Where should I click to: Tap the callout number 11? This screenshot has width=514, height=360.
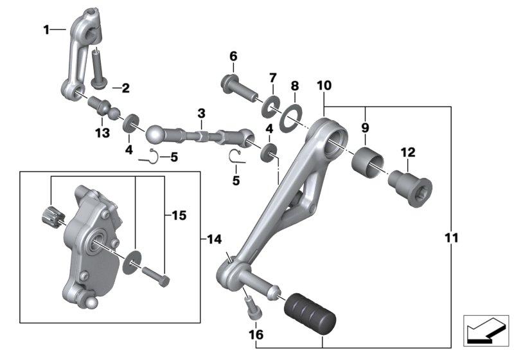tap(451, 238)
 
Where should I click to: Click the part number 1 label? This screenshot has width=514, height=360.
tap(46, 29)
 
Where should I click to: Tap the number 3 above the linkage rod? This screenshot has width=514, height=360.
tap(201, 113)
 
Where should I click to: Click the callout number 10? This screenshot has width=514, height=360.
tap(324, 85)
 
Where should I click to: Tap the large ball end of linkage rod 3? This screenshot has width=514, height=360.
tap(157, 134)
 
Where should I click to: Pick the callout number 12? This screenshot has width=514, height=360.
tap(408, 152)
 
